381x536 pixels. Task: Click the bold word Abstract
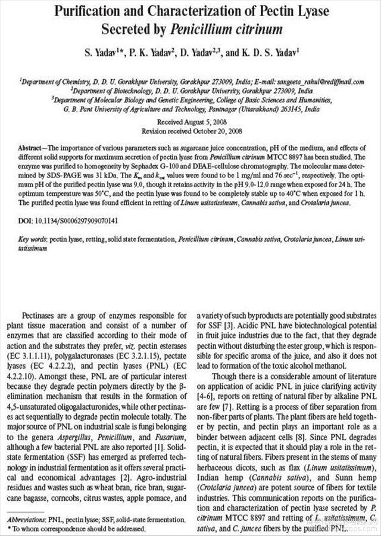click(32, 146)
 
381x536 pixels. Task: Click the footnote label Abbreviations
click(27, 520)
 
